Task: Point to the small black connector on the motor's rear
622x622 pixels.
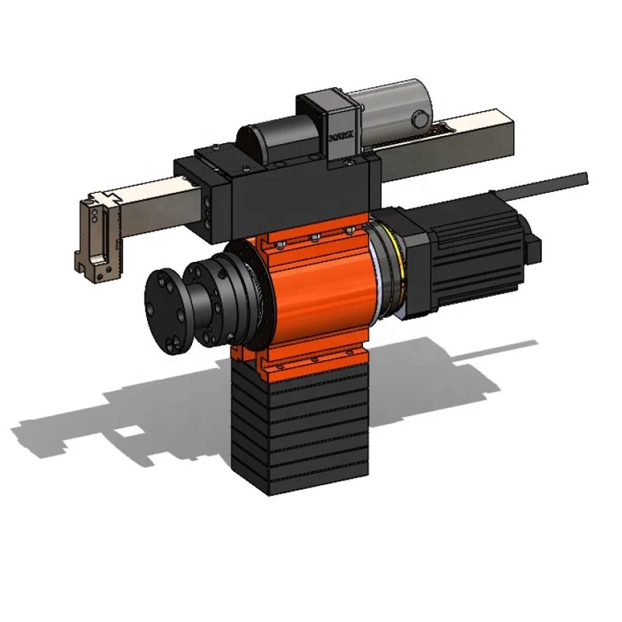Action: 533,247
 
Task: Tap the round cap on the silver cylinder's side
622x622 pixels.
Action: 421,119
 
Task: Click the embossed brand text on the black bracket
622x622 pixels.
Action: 341,133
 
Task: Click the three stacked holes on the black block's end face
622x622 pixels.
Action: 208,206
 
